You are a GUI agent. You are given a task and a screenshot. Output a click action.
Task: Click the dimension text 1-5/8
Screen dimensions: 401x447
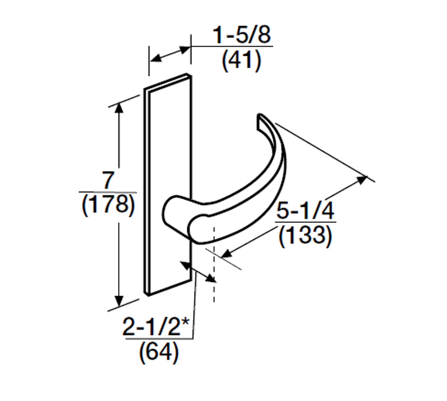[x=242, y=35]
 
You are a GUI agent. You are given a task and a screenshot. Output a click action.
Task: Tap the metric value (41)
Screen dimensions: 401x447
[x=241, y=60]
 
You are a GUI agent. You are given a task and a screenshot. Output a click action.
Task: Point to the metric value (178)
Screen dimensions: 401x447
[x=108, y=205]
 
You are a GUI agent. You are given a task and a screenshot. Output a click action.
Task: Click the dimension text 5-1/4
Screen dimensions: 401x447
[x=305, y=210]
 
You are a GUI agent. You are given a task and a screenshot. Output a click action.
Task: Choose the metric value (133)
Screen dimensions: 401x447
[x=305, y=235]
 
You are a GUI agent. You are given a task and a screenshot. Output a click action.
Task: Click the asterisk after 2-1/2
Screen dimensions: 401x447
[x=185, y=323]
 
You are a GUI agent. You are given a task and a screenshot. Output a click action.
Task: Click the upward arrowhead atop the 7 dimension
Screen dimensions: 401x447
[x=119, y=107]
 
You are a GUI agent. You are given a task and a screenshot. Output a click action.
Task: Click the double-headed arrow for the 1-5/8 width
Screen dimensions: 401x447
[x=170, y=54]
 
